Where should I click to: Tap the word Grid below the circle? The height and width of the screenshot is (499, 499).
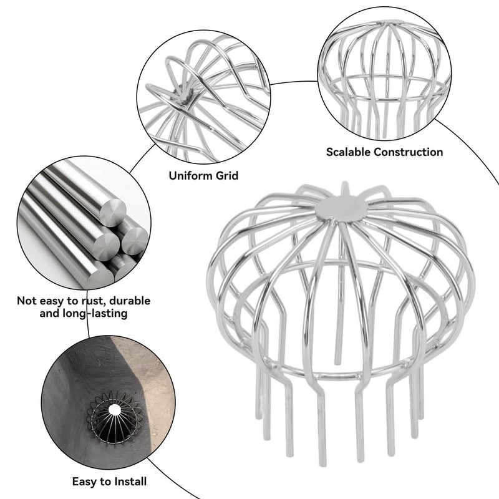[226, 176]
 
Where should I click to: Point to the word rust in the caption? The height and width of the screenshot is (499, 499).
[88, 301]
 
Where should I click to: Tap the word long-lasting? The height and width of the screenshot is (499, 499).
[94, 314]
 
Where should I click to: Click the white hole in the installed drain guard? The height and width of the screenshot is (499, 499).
[114, 410]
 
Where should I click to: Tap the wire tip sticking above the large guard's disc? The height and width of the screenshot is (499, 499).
[344, 188]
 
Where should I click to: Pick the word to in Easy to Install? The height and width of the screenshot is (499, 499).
[105, 482]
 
